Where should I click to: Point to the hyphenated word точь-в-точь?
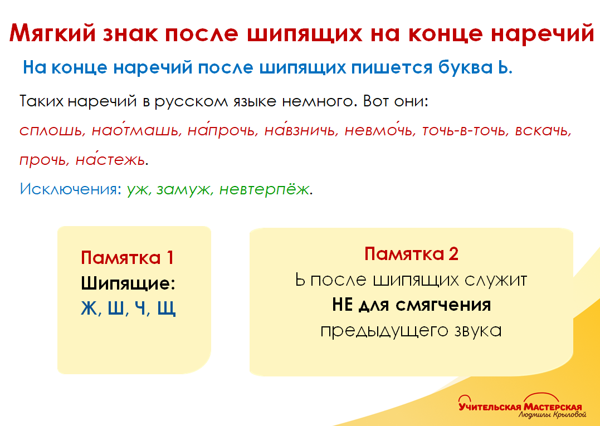coord(464,131)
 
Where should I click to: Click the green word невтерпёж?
coord(264,189)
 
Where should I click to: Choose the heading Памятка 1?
coord(128,258)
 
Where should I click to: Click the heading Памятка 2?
coord(411,254)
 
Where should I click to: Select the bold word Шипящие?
coord(128,283)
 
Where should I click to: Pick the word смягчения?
coord(444,305)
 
